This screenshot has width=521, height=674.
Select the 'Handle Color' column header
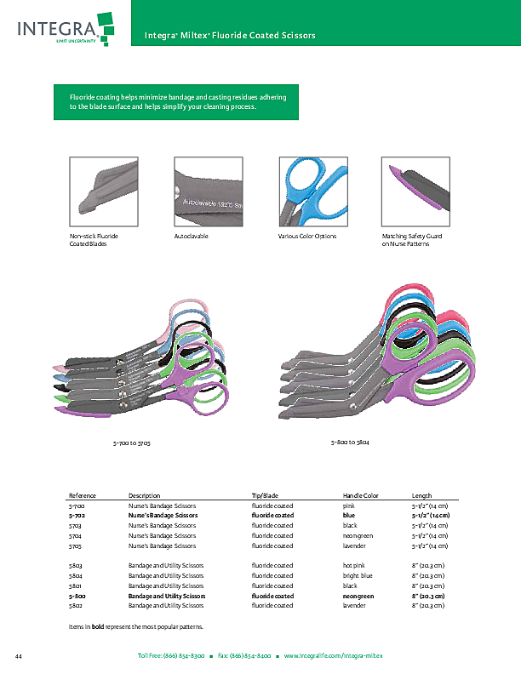[x=360, y=495]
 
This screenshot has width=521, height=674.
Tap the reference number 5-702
[x=77, y=516]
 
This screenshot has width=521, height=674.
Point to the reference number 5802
[x=76, y=607]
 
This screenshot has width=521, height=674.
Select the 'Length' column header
[x=422, y=495]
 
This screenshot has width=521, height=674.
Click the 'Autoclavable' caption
[x=191, y=236]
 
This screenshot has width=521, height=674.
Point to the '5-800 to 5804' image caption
[x=349, y=443]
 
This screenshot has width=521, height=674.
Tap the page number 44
[x=18, y=656]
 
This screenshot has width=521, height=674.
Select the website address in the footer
[x=333, y=656]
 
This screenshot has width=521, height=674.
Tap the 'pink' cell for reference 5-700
[x=349, y=505]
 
